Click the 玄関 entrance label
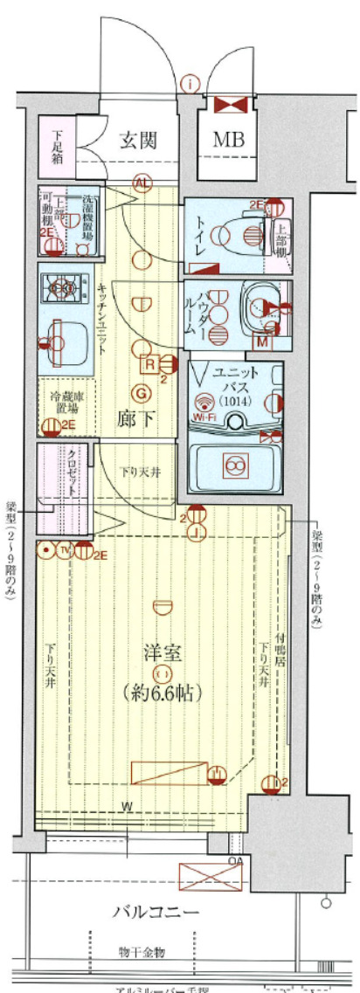coord(138,141)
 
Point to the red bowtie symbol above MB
coord(230,105)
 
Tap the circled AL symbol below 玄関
coord(141,182)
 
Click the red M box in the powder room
coord(260,341)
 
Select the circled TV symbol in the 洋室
coord(65,549)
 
